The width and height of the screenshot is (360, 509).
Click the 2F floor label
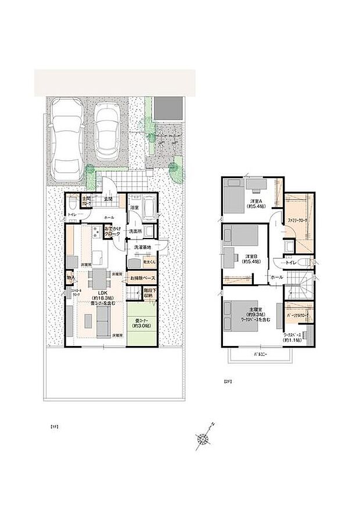[x=228, y=382]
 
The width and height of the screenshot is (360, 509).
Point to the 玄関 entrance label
[x=109, y=200]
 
